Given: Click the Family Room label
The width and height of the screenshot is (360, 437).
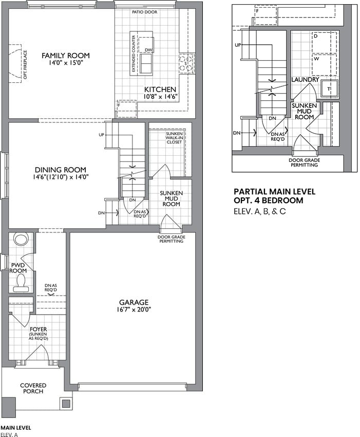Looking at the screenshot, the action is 66,56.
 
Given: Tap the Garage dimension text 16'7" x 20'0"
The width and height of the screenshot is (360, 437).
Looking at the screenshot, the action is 134,309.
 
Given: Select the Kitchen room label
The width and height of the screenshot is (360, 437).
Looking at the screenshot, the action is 160,89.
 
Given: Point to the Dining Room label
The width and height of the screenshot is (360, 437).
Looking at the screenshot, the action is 61,170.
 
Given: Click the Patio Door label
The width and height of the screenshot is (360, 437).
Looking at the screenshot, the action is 144,12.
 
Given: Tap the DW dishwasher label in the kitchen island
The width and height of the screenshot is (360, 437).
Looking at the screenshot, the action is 149,50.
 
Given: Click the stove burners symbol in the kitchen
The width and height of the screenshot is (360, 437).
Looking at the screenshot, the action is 186,64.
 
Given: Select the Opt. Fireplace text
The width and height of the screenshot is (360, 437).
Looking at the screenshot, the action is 25,64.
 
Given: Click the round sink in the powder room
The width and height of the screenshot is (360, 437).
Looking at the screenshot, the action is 21,240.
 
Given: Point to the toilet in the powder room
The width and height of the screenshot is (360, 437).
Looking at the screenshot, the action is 21,282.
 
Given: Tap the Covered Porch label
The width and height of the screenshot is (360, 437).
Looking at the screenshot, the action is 33,388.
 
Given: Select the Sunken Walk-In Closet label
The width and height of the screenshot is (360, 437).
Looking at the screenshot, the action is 174,138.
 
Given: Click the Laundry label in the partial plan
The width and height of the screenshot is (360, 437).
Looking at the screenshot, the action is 305,80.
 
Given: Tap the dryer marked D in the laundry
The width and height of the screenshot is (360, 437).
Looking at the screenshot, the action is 325,42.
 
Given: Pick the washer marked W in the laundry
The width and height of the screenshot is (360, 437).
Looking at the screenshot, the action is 325,65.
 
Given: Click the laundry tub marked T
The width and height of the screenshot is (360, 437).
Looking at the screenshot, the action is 329,89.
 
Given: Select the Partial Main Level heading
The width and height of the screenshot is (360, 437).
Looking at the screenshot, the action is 275,192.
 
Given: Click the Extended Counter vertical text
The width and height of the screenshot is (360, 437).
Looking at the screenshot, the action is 134,53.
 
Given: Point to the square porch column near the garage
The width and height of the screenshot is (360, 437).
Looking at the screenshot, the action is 66,404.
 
